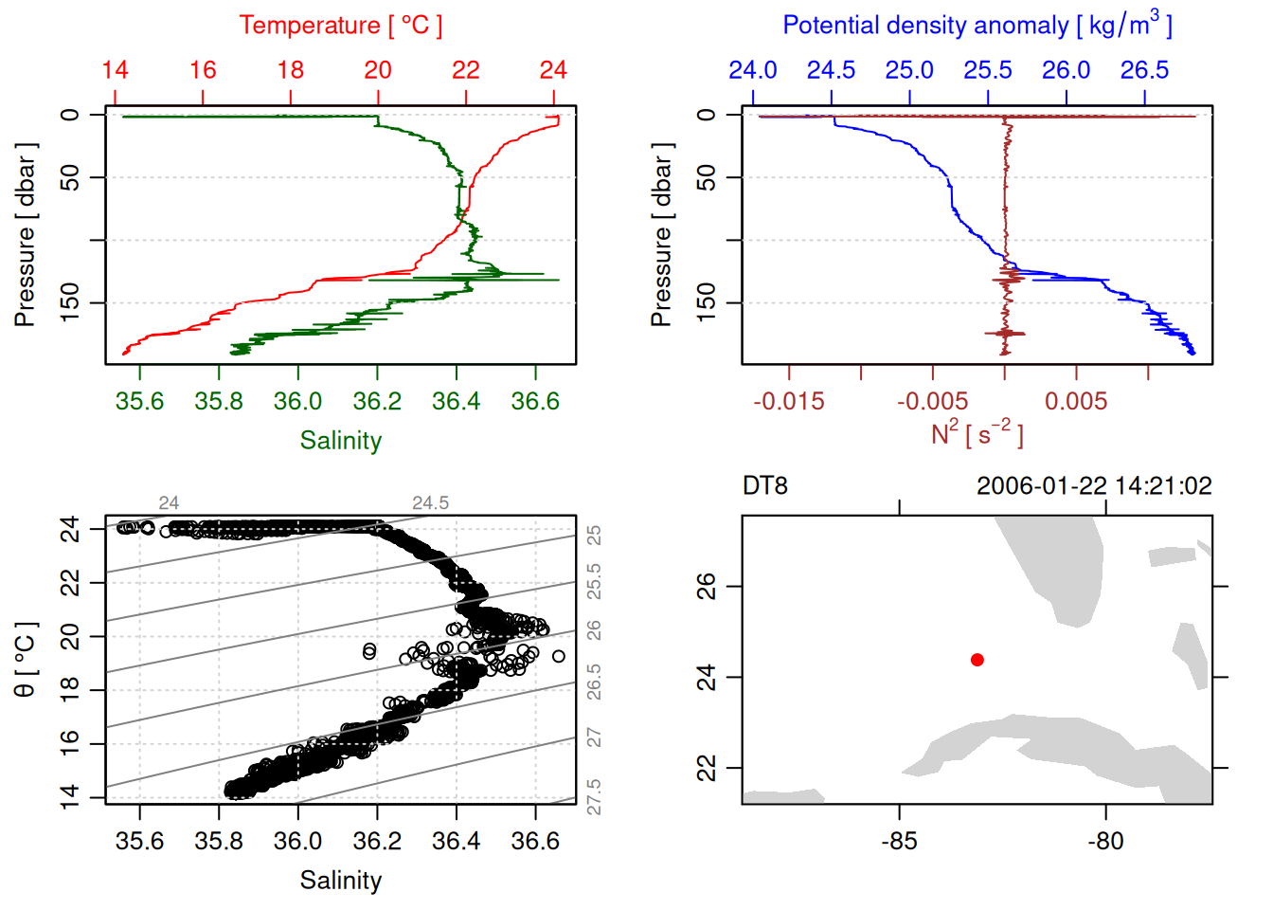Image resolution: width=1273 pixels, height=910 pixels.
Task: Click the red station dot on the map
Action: tap(977, 660)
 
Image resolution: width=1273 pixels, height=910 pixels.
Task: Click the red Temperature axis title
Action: tap(340, 26)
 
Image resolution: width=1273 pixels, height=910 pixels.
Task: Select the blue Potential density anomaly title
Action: tap(977, 25)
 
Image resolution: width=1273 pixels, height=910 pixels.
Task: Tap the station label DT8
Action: tap(765, 486)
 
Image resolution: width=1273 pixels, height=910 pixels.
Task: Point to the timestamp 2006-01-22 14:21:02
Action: tap(1094, 486)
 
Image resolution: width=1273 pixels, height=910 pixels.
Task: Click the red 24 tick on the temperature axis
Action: tap(553, 70)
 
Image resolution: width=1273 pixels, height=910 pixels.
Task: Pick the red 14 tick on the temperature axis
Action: tap(115, 70)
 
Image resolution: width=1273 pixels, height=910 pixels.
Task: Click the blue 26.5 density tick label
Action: tap(1144, 70)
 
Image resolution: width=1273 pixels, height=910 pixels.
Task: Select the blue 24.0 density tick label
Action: tap(753, 70)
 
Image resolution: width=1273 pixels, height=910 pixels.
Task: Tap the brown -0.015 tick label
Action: tap(789, 402)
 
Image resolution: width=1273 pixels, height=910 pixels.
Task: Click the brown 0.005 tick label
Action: tap(1076, 402)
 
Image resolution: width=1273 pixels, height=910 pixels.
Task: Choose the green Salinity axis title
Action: tap(340, 441)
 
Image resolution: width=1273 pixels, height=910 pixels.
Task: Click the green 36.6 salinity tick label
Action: tap(535, 402)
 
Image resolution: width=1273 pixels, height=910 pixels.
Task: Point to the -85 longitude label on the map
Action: tap(898, 841)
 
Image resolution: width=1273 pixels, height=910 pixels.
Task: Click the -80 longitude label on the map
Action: tap(1105, 841)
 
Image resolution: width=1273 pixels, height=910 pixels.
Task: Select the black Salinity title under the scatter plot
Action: tap(340, 881)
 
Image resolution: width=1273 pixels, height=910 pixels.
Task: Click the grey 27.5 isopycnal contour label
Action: tap(594, 797)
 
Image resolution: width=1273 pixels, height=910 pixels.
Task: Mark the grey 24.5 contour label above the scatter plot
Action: tap(430, 503)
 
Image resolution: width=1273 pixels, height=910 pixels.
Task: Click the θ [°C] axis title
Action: tap(26, 660)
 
